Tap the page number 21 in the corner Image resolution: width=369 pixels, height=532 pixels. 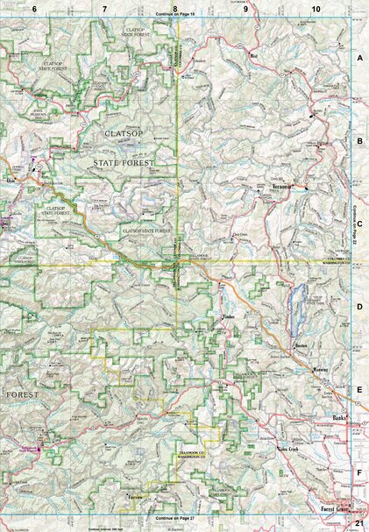click(x=359, y=522)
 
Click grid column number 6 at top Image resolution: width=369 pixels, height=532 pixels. click(x=34, y=8)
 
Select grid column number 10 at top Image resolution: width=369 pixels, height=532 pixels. click(x=315, y=8)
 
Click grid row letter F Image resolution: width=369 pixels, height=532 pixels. click(x=359, y=474)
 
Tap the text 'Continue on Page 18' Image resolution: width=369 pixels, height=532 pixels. click(x=179, y=16)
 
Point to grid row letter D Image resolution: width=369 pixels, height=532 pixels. click(x=359, y=307)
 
